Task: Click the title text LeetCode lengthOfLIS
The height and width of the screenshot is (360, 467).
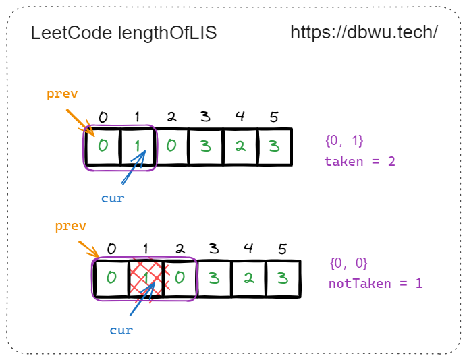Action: coord(123,34)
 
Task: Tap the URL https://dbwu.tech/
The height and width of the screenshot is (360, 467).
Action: coord(364,32)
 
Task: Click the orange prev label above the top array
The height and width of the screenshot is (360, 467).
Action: coord(62,94)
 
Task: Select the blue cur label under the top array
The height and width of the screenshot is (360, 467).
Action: coord(113,198)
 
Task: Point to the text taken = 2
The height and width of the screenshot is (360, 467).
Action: coord(360,162)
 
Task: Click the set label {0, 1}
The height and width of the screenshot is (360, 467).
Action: coord(344,141)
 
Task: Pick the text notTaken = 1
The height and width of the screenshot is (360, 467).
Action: coord(375,283)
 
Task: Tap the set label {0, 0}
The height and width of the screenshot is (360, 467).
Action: coord(348,263)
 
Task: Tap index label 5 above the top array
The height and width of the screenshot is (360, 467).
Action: coord(273,117)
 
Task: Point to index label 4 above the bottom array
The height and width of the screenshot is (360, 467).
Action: coord(248,248)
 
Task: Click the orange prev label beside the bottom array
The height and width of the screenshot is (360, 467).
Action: coord(70,226)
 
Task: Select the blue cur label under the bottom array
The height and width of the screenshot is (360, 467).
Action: coord(121,330)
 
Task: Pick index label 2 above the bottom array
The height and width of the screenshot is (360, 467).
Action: coord(180,248)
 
